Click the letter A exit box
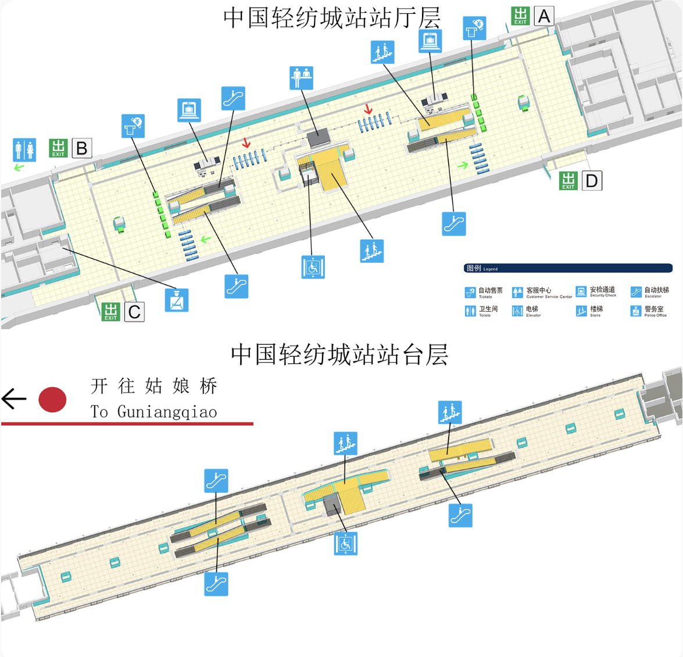point(544,16)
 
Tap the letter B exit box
point(82,148)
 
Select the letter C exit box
point(134,312)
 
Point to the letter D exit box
point(592,181)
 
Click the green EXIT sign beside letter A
point(520,16)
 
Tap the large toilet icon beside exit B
point(24,150)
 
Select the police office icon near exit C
point(177,300)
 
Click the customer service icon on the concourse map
point(302,78)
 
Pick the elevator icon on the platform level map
point(346,544)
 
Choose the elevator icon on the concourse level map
point(313,267)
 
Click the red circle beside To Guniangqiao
point(52,400)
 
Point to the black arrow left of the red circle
point(14,399)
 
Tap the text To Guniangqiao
point(154,412)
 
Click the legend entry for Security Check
point(596,291)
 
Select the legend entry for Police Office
point(649,311)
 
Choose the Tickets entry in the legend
point(484,292)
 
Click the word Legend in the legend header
point(490,269)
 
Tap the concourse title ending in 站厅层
point(332,18)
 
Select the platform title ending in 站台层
point(339,355)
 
